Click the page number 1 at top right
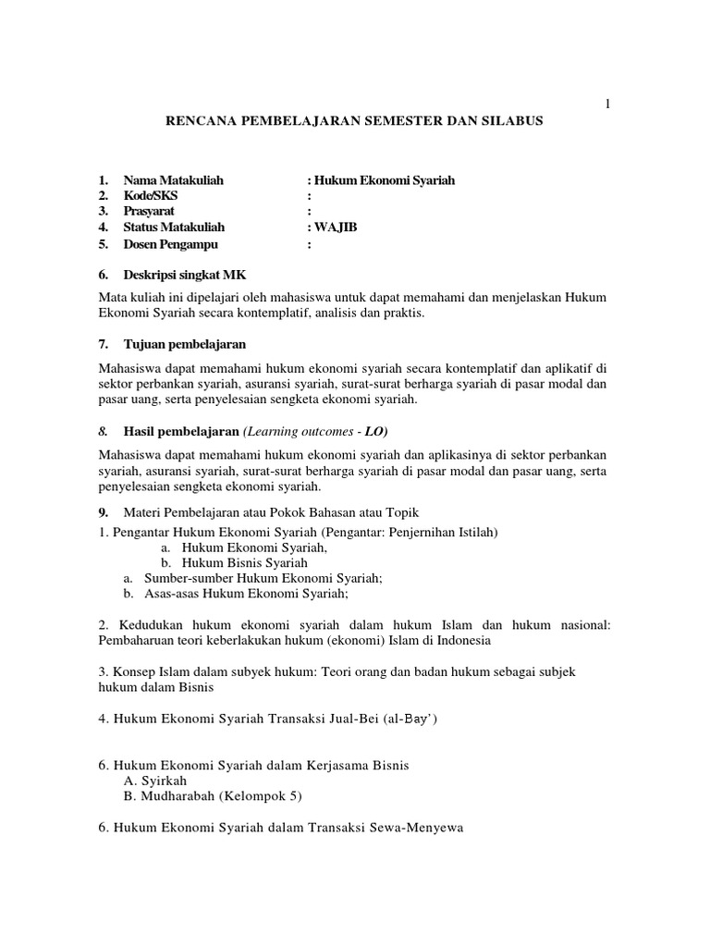click(607, 105)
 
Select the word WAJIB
click(336, 228)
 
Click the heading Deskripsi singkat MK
click(185, 276)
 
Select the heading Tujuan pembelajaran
click(185, 344)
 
